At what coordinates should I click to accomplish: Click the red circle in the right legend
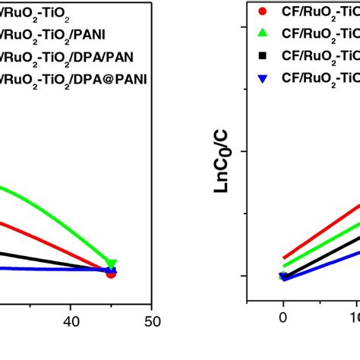point(262,11)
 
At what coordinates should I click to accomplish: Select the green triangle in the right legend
point(262,33)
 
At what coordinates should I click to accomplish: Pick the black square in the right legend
point(262,55)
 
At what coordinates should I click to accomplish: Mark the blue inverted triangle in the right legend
point(262,78)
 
